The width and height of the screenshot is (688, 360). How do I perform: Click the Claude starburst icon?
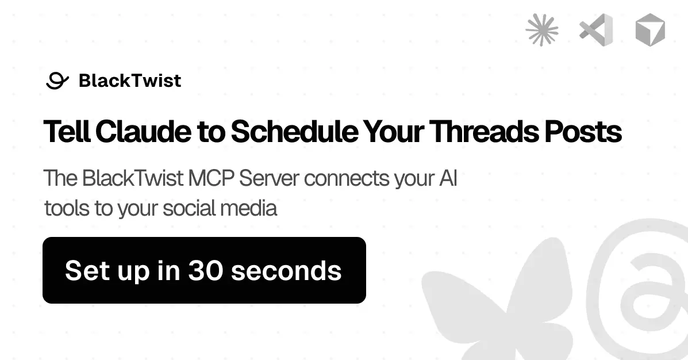[542, 30]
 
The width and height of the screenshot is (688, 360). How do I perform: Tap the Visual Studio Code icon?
[596, 30]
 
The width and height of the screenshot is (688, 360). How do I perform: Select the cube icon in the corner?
[650, 30]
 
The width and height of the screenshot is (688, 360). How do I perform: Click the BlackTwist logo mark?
[57, 81]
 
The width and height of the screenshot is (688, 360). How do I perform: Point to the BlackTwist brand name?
[130, 81]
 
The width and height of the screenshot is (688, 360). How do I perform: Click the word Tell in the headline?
[67, 132]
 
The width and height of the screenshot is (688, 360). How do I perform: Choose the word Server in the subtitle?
[269, 179]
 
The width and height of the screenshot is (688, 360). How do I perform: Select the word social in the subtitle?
[188, 208]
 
